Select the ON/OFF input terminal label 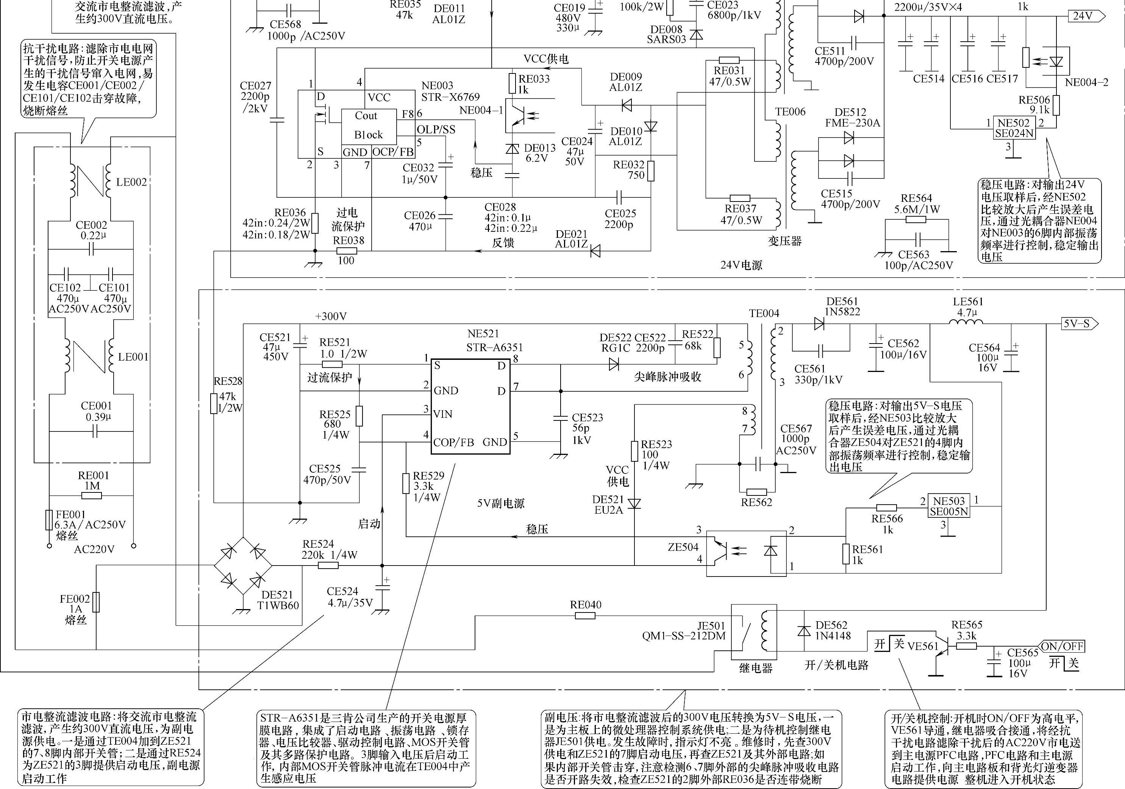click(x=1061, y=647)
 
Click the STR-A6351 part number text click(x=494, y=347)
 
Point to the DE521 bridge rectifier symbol click(x=243, y=566)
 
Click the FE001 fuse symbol click(x=49, y=520)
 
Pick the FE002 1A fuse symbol click(x=96, y=602)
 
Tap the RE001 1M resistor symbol click(x=91, y=495)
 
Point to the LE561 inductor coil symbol click(x=966, y=322)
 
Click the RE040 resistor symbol click(x=585, y=616)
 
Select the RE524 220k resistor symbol click(x=328, y=565)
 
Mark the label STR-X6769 click(x=450, y=97)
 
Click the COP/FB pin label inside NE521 click(x=453, y=442)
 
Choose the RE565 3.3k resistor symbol click(x=966, y=646)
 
